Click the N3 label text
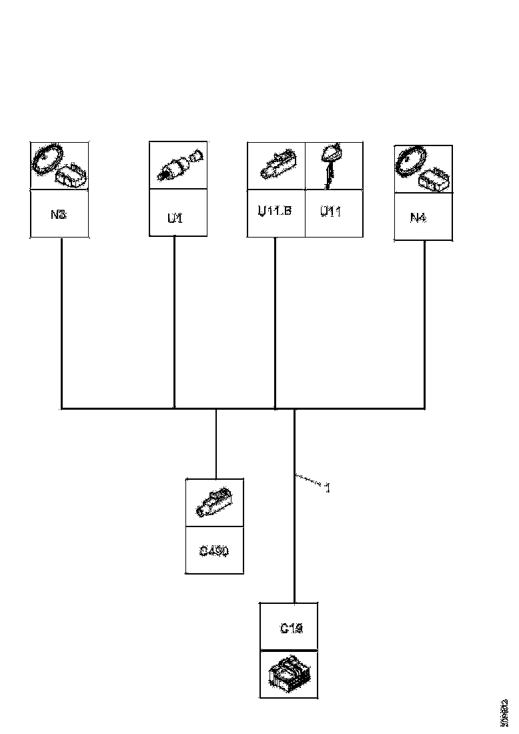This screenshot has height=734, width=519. click(59, 215)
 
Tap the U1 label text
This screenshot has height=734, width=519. click(175, 218)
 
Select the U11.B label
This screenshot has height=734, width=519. click(275, 212)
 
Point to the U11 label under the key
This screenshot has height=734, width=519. click(331, 212)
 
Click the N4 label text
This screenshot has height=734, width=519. click(418, 217)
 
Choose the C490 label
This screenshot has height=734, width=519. click(213, 551)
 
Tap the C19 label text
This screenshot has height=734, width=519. click(292, 628)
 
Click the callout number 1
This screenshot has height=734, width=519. click(328, 488)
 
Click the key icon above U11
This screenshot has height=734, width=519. click(330, 163)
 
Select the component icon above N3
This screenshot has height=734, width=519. click(59, 165)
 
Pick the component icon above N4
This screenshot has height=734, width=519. click(423, 169)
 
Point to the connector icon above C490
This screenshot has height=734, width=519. click(214, 503)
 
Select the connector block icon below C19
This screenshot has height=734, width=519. click(288, 673)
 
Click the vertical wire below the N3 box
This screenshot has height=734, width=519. click(61, 320)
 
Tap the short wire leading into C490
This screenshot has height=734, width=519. click(216, 443)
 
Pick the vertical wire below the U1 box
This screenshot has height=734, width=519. click(175, 320)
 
